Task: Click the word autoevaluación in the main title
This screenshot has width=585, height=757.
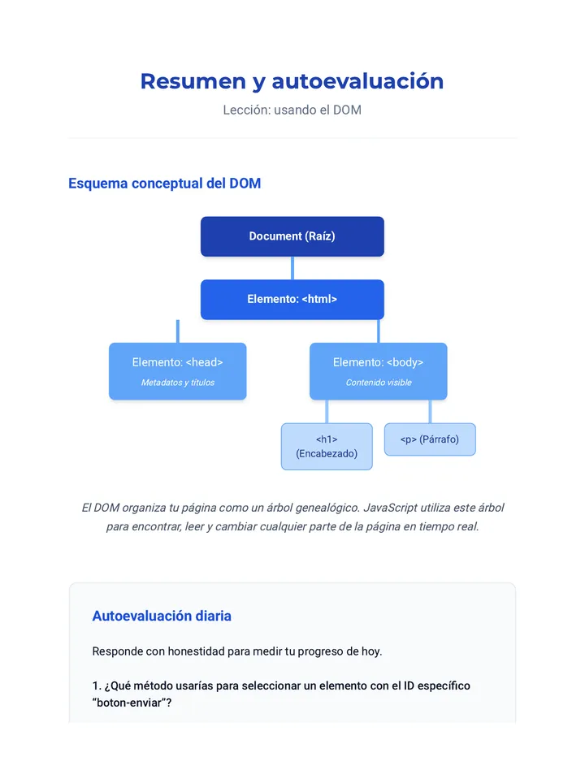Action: coord(357,81)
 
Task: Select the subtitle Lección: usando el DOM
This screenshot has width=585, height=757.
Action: coord(292,110)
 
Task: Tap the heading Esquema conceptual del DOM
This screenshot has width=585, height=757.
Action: coord(164,184)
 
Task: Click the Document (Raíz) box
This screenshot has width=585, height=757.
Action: coord(292,236)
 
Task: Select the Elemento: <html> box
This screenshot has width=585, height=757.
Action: coord(292,300)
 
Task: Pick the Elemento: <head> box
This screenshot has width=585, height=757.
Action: coord(178,371)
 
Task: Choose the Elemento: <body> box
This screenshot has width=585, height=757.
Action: coord(379,371)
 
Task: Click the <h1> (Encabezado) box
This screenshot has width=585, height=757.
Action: coord(327,447)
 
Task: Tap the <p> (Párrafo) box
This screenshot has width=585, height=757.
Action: coord(430,439)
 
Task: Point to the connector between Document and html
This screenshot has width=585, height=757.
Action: coord(292,268)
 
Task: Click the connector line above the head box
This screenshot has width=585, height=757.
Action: coord(178,331)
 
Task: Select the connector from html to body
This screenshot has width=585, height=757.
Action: coord(379,331)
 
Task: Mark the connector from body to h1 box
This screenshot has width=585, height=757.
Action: coord(327,411)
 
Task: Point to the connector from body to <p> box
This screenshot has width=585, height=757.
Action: coord(430,411)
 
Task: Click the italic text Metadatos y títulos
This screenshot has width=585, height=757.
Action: coord(178,383)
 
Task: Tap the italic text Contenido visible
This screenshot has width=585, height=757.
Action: coord(379,383)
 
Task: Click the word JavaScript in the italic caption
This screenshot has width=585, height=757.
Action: coord(390,508)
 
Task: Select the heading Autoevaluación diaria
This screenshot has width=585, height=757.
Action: coord(162,616)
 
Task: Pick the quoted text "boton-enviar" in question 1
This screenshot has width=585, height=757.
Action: coord(128,703)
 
